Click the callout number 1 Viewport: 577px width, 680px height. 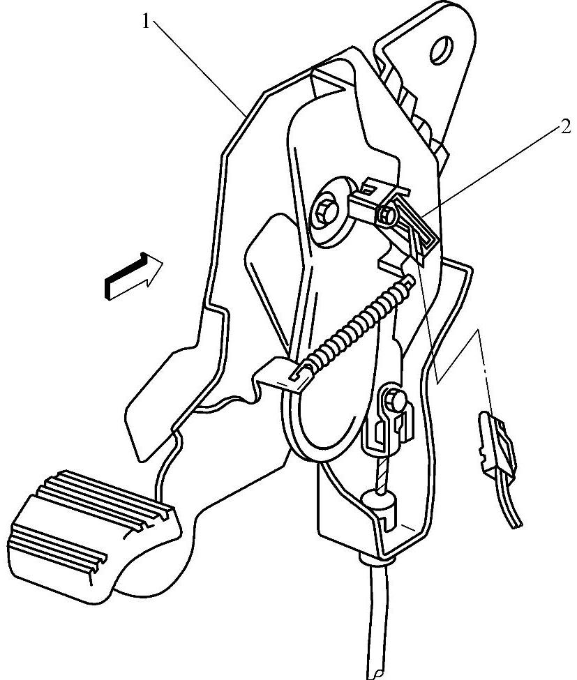coord(145,22)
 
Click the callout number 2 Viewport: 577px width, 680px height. coord(564,128)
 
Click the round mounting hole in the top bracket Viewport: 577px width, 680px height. coord(441,50)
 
